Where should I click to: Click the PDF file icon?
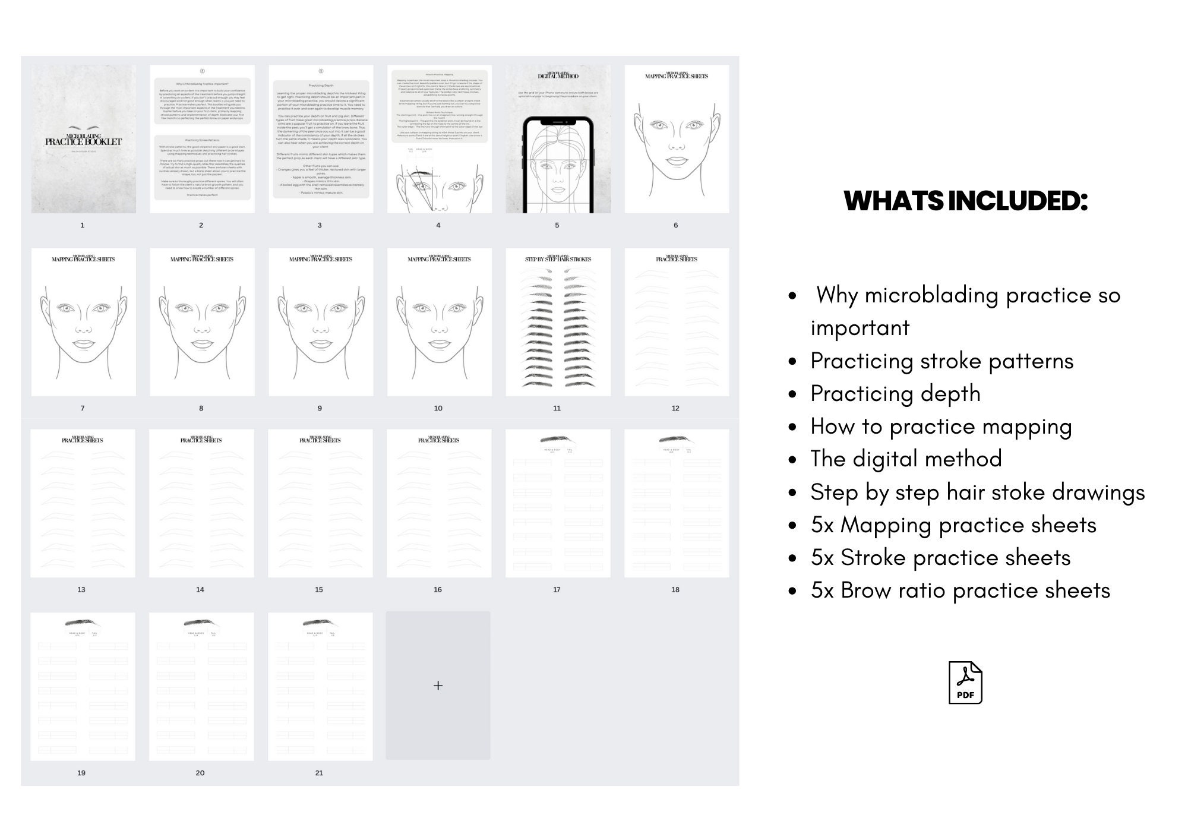point(965,683)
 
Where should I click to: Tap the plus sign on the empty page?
point(438,686)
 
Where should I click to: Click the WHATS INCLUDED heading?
point(965,201)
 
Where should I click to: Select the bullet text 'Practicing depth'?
point(895,394)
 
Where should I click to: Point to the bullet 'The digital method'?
point(906,459)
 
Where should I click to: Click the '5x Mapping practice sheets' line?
point(953,525)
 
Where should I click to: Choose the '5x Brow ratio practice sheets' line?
point(960,590)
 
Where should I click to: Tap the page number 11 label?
point(557,408)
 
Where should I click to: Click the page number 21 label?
point(319,773)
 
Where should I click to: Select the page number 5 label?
point(557,225)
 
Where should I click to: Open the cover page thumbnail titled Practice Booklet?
point(83,139)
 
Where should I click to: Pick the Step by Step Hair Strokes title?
point(558,259)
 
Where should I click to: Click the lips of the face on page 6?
point(677,161)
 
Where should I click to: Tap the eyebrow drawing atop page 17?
point(557,440)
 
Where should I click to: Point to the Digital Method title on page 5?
point(558,75)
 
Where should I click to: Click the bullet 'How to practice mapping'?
point(941,427)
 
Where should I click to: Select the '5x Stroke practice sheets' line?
point(940,558)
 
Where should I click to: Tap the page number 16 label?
point(438,589)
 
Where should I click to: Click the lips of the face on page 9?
point(320,344)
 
